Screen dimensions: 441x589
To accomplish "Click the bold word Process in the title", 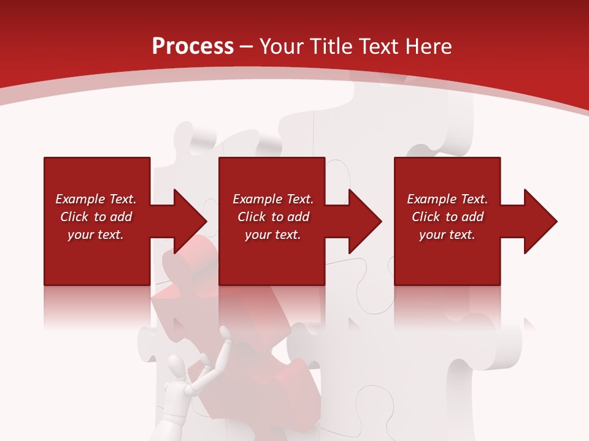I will click(x=193, y=47).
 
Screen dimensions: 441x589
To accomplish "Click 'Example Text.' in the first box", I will click(x=96, y=199).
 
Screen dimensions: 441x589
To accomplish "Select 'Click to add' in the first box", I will click(x=96, y=217).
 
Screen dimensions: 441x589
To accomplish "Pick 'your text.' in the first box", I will click(x=96, y=235).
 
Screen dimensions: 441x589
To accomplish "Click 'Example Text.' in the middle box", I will click(x=272, y=199).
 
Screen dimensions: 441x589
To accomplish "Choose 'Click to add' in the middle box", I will click(x=272, y=217).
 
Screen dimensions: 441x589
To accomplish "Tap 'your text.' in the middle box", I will click(x=272, y=235).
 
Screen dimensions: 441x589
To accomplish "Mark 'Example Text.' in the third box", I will click(x=447, y=199).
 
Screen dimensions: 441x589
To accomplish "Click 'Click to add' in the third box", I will click(x=447, y=217).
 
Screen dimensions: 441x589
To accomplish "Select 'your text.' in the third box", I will click(x=447, y=235).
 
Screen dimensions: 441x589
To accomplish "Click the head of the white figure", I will click(x=177, y=369).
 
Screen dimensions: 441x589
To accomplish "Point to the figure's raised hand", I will click(x=226, y=334).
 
